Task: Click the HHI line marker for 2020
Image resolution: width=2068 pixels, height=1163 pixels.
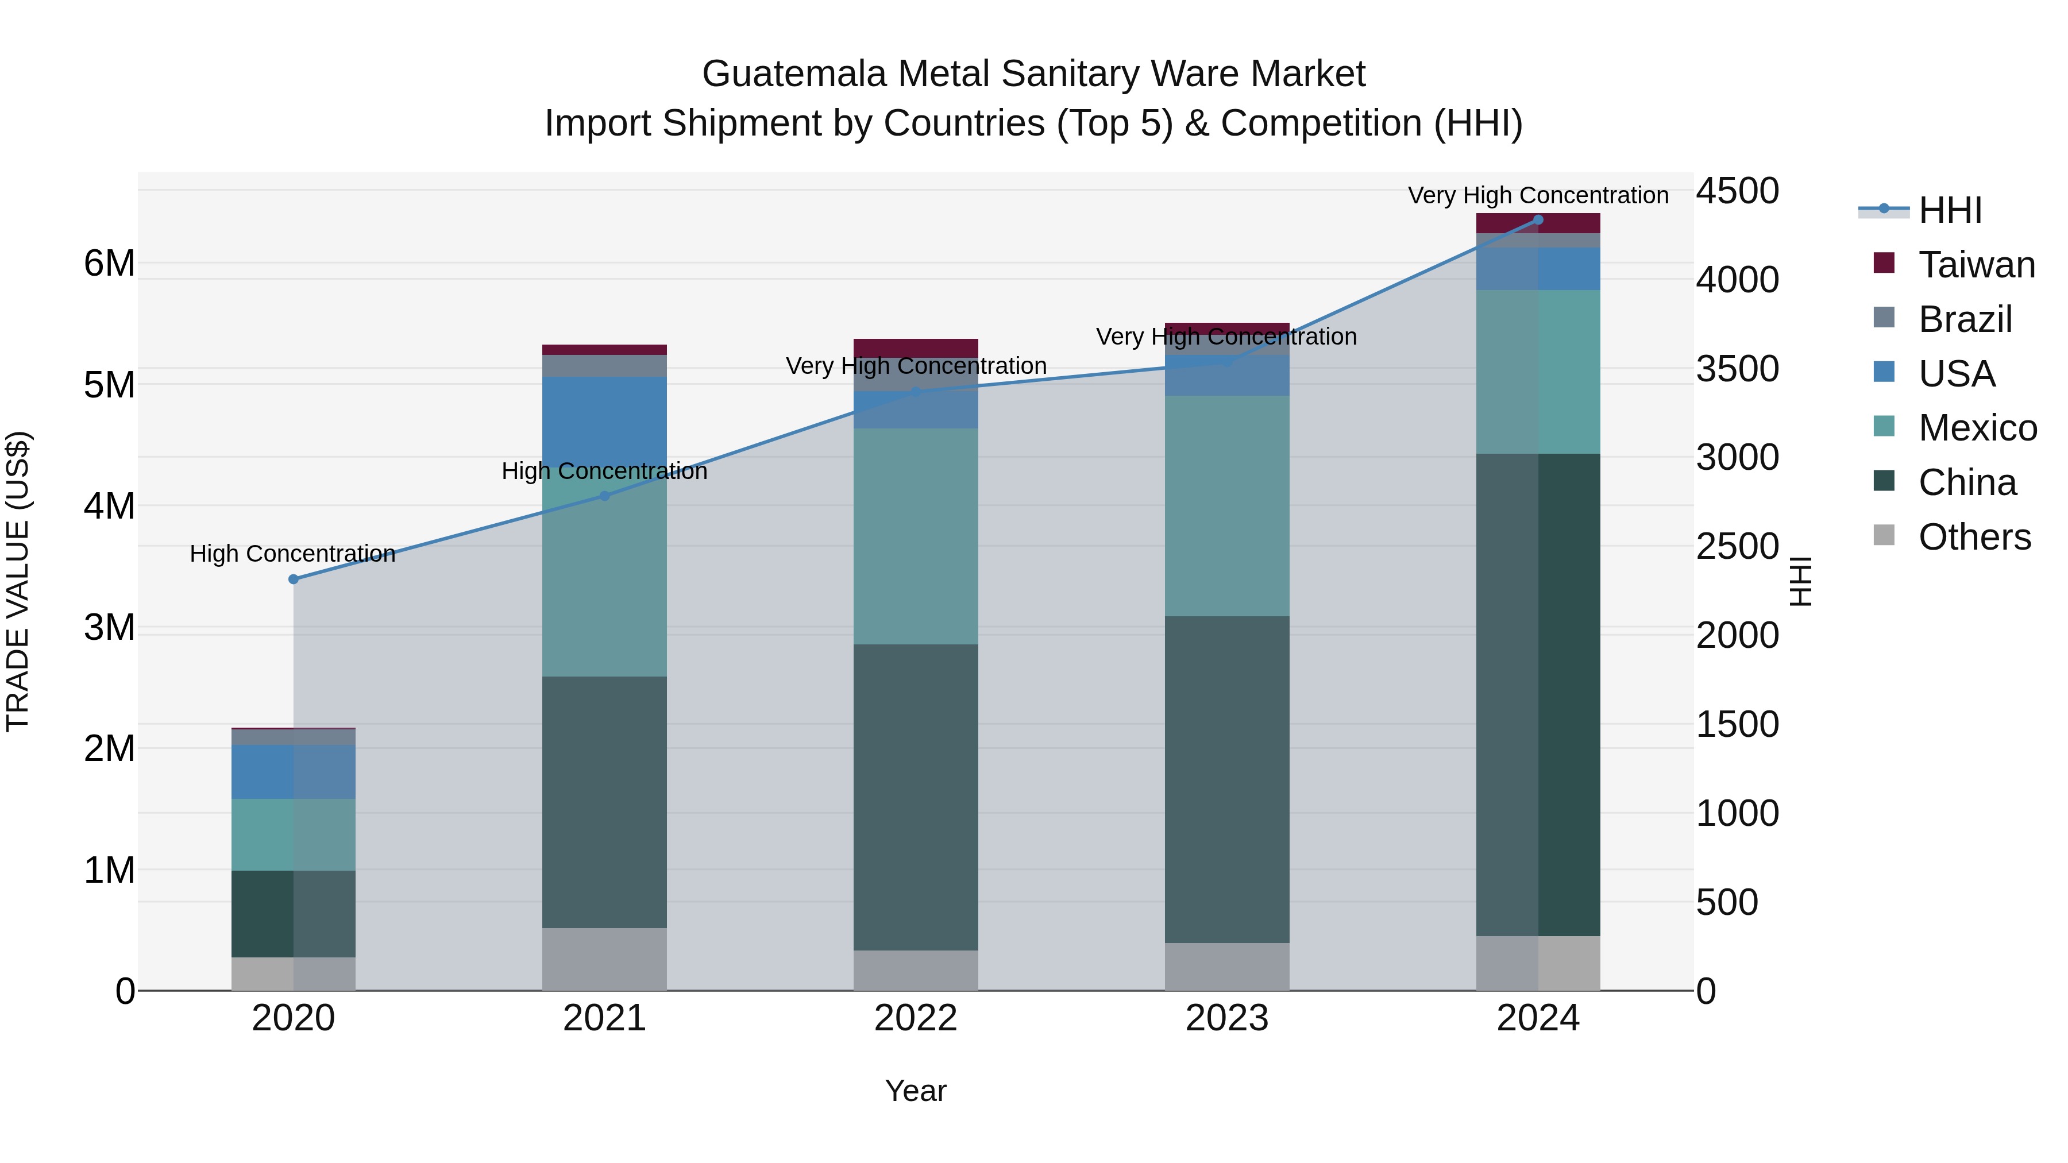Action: click(x=293, y=579)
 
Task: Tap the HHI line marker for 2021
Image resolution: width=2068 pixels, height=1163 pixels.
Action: click(x=604, y=496)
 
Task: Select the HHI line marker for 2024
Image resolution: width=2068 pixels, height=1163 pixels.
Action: click(x=1538, y=220)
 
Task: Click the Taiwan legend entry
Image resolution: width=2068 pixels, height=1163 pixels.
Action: click(x=1976, y=265)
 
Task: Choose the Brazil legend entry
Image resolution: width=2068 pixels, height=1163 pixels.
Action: click(x=1965, y=319)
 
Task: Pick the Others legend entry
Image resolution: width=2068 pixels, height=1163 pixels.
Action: click(x=1973, y=537)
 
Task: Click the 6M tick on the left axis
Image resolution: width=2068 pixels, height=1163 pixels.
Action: click(x=109, y=263)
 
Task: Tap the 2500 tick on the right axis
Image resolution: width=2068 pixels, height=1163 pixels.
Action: click(x=1737, y=547)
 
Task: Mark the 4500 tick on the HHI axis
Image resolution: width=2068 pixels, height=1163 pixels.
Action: click(x=1737, y=192)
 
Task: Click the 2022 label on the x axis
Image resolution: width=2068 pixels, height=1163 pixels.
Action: click(x=915, y=1018)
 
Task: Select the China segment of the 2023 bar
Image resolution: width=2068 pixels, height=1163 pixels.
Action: click(x=1226, y=779)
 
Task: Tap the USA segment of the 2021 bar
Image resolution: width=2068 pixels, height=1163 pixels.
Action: click(x=604, y=418)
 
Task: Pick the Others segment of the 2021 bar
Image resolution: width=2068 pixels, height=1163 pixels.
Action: click(x=604, y=959)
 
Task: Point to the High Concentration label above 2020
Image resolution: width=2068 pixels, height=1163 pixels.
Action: click(x=292, y=554)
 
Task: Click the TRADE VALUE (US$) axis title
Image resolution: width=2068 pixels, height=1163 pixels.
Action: click(x=18, y=581)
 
